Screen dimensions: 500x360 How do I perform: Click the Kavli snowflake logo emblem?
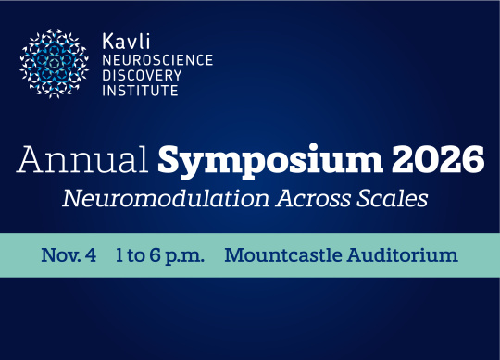pyautogui.click(x=55, y=64)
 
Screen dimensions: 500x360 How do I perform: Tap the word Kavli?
pyautogui.click(x=126, y=42)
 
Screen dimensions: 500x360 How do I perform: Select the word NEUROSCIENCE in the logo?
pyautogui.click(x=157, y=60)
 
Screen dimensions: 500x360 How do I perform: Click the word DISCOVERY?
pyautogui.click(x=142, y=75)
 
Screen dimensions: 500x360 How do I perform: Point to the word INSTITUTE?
pyautogui.click(x=140, y=91)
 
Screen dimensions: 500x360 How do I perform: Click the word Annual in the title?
pyautogui.click(x=82, y=159)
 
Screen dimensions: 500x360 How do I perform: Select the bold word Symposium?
pyautogui.click(x=270, y=161)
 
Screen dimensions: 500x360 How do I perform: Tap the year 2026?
pyautogui.click(x=438, y=158)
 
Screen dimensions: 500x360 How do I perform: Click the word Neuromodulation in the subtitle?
pyautogui.click(x=166, y=198)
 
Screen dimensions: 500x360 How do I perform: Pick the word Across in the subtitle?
pyautogui.click(x=314, y=198)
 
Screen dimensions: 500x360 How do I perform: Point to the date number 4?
pyautogui.click(x=91, y=255)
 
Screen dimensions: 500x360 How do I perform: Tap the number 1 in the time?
pyautogui.click(x=119, y=255)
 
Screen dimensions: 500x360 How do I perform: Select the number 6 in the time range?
pyautogui.click(x=155, y=255)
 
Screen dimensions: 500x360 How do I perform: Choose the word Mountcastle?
pyautogui.click(x=283, y=255)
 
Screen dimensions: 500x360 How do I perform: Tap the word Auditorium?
pyautogui.click(x=403, y=255)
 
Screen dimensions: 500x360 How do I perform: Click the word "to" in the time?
pyautogui.click(x=135, y=255)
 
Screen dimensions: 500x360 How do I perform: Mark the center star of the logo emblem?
pyautogui.click(x=55, y=64)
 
